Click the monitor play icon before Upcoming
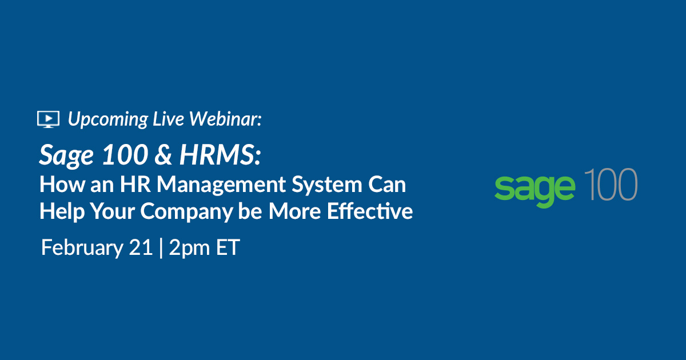pos(48,118)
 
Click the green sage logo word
pos(535,187)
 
